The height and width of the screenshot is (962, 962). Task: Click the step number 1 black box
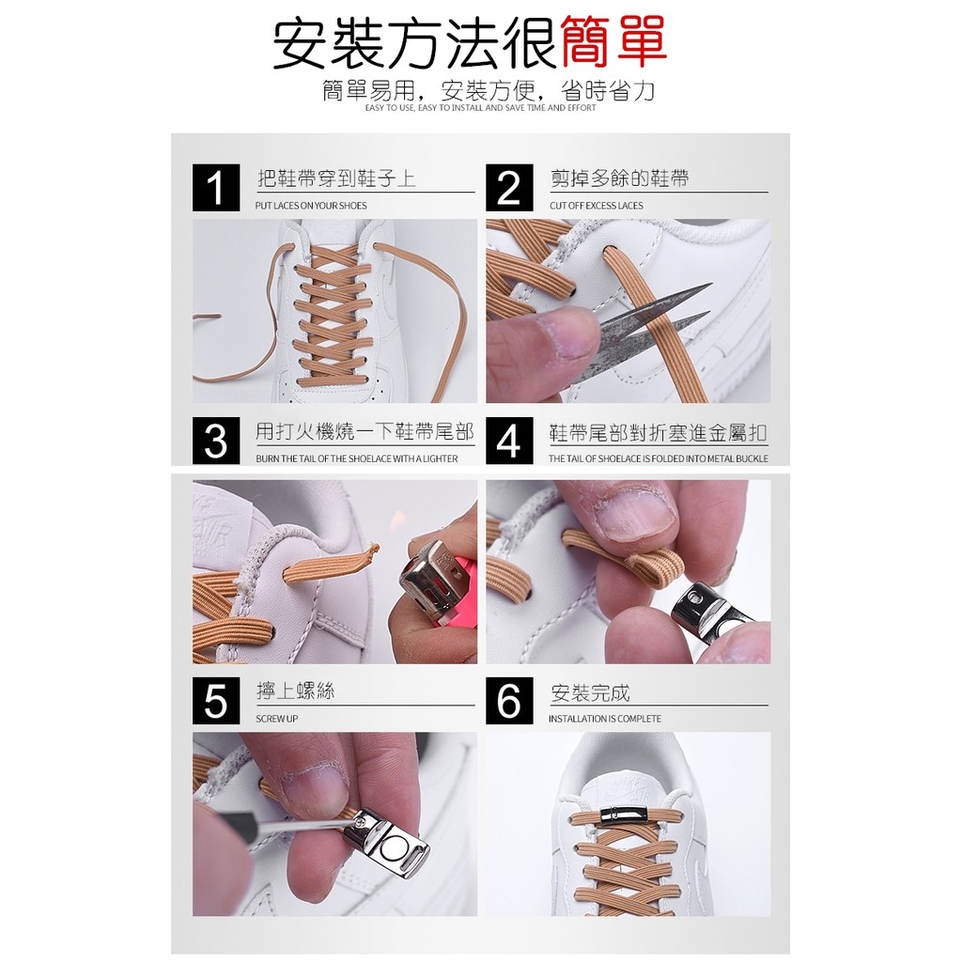pyautogui.click(x=216, y=188)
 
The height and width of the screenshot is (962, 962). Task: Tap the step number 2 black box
pyautogui.click(x=509, y=188)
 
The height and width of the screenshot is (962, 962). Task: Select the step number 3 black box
pyautogui.click(x=216, y=442)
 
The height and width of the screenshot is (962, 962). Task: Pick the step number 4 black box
pyautogui.click(x=509, y=442)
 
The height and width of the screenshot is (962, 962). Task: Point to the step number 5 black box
pyautogui.click(x=216, y=701)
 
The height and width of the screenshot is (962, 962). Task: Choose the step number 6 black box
pyautogui.click(x=509, y=701)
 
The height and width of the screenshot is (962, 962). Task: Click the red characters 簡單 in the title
pyautogui.click(x=613, y=43)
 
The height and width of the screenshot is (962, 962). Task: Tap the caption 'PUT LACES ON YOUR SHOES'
pyautogui.click(x=311, y=206)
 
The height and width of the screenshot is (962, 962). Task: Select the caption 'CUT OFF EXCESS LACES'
pyautogui.click(x=597, y=206)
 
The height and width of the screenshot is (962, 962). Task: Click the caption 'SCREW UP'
pyautogui.click(x=277, y=719)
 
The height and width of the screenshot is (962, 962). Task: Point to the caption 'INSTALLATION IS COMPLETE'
pyautogui.click(x=605, y=719)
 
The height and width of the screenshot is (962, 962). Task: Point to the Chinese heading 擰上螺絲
pyautogui.click(x=296, y=691)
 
